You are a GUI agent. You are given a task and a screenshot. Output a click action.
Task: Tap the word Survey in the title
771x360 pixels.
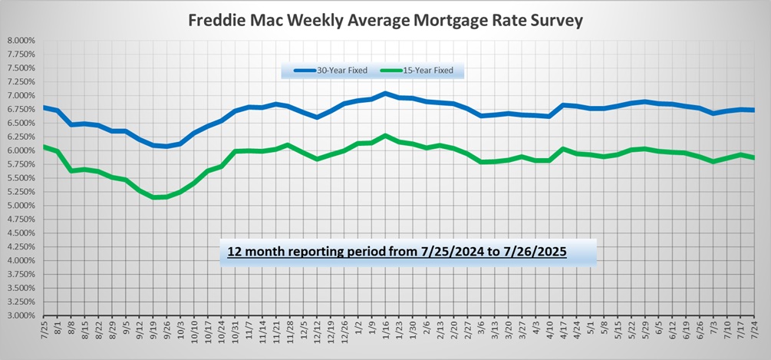pos(554,21)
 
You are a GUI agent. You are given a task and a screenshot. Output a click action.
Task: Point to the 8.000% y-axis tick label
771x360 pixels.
pos(21,41)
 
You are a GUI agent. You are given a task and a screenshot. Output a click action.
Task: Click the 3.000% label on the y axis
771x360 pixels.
pos(21,315)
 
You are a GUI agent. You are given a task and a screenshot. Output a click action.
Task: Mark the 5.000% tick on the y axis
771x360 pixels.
pos(21,206)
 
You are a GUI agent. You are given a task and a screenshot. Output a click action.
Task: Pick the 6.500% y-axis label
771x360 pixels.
pos(21,123)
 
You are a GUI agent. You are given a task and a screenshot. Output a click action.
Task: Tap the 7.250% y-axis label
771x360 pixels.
pos(21,81)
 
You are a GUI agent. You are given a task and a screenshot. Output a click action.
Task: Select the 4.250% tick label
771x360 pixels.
pos(21,246)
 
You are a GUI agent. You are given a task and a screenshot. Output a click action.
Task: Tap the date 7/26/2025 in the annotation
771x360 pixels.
pos(534,251)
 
